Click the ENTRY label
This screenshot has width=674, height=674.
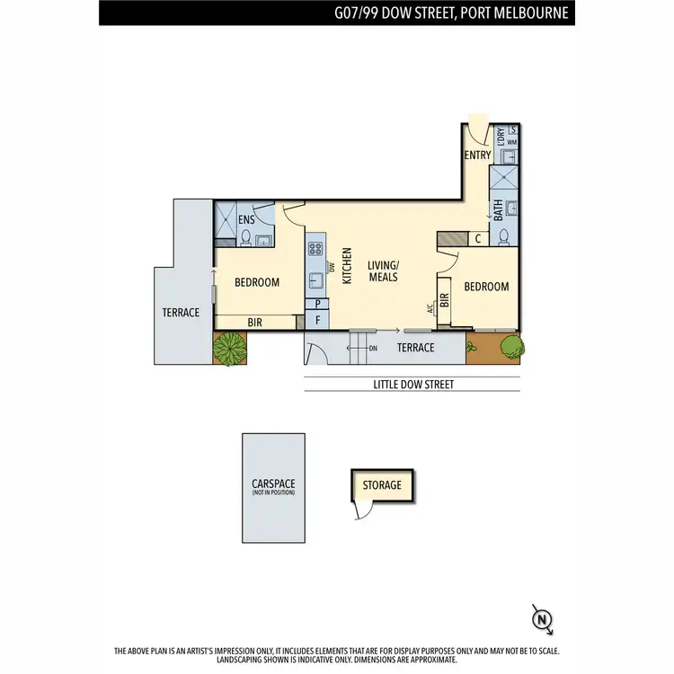pyautogui.click(x=478, y=155)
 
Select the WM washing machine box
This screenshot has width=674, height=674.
pyautogui.click(x=512, y=143)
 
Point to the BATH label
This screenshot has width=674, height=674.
pyautogui.click(x=498, y=210)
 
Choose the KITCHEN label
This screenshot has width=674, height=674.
pyautogui.click(x=347, y=266)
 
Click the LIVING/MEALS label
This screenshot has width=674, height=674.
pyautogui.click(x=384, y=270)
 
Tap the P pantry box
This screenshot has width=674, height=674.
pyautogui.click(x=317, y=304)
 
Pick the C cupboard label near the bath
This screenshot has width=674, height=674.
pyautogui.click(x=478, y=239)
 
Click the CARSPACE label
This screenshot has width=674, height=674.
pyautogui.click(x=273, y=485)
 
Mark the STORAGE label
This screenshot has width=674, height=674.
pyautogui.click(x=382, y=485)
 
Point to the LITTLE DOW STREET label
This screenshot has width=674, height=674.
pyautogui.click(x=413, y=385)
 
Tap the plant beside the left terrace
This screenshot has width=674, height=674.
pyautogui.click(x=230, y=348)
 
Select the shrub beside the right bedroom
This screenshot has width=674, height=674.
pyautogui.click(x=510, y=345)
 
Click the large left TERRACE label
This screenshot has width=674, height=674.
pyautogui.click(x=181, y=313)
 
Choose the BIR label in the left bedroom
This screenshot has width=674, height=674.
pyautogui.click(x=256, y=322)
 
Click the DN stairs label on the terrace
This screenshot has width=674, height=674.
pyautogui.click(x=373, y=348)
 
